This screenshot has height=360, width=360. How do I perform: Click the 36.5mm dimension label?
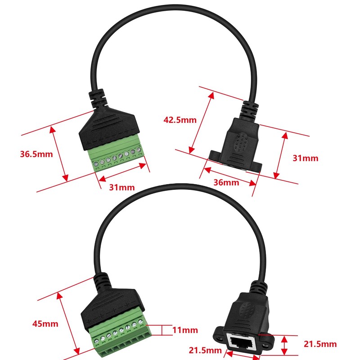[36, 154]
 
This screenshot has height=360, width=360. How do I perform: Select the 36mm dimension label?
[226, 182]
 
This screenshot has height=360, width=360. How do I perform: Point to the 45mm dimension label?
[45, 324]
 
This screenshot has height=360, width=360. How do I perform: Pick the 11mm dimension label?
[185, 330]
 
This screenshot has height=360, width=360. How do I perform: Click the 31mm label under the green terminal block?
[121, 187]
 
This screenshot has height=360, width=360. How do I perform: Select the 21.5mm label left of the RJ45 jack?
[205, 350]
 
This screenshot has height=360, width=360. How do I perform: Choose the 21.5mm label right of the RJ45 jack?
[320, 344]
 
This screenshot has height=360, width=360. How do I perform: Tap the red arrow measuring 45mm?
[69, 323]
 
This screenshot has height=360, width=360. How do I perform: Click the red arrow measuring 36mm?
[229, 176]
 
